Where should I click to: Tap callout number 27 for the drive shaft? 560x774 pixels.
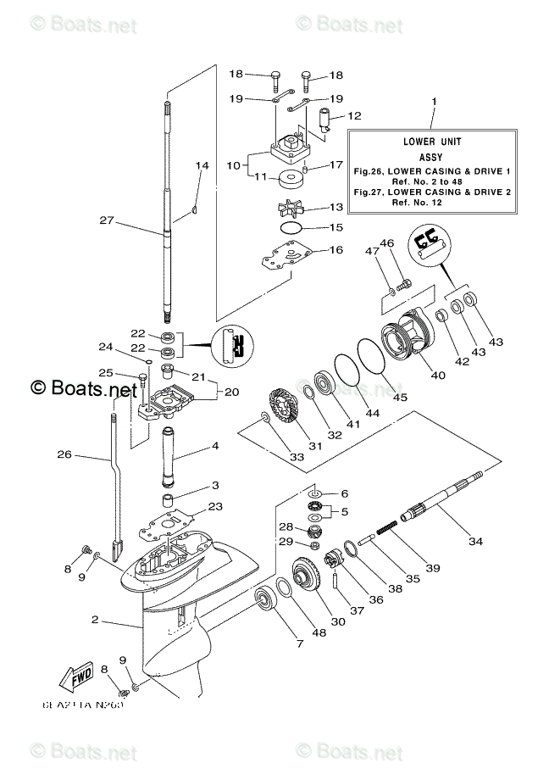click(107, 220)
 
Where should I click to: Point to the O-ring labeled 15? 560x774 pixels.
click(290, 229)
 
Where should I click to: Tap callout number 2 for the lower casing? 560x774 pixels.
click(96, 621)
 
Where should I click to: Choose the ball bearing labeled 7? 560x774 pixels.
click(270, 603)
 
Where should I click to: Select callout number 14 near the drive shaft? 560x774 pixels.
click(202, 165)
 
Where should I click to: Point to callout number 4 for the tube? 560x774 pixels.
click(216, 445)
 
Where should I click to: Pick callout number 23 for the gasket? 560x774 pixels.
click(216, 507)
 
